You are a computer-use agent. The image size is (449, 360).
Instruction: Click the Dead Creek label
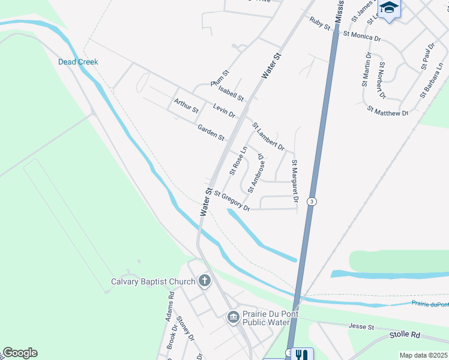tap(78, 62)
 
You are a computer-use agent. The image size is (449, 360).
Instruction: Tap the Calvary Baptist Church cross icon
tap(204, 281)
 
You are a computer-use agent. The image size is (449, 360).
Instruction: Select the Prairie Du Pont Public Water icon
tap(234, 317)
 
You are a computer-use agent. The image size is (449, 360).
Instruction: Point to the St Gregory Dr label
tap(231, 201)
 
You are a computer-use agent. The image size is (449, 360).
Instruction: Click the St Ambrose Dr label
tap(256, 174)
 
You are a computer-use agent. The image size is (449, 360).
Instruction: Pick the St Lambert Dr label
tap(268, 137)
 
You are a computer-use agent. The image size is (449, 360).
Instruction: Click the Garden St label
tap(211, 133)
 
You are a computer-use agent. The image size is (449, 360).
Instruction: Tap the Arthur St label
tap(186, 106)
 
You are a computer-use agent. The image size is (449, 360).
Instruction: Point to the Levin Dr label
tap(224, 110)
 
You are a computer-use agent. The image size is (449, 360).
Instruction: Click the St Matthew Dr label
tap(388, 112)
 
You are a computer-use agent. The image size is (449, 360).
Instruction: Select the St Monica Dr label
tap(362, 36)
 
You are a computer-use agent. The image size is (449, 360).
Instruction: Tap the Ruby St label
tap(321, 23)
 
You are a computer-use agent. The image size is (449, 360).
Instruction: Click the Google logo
tap(20, 353)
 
